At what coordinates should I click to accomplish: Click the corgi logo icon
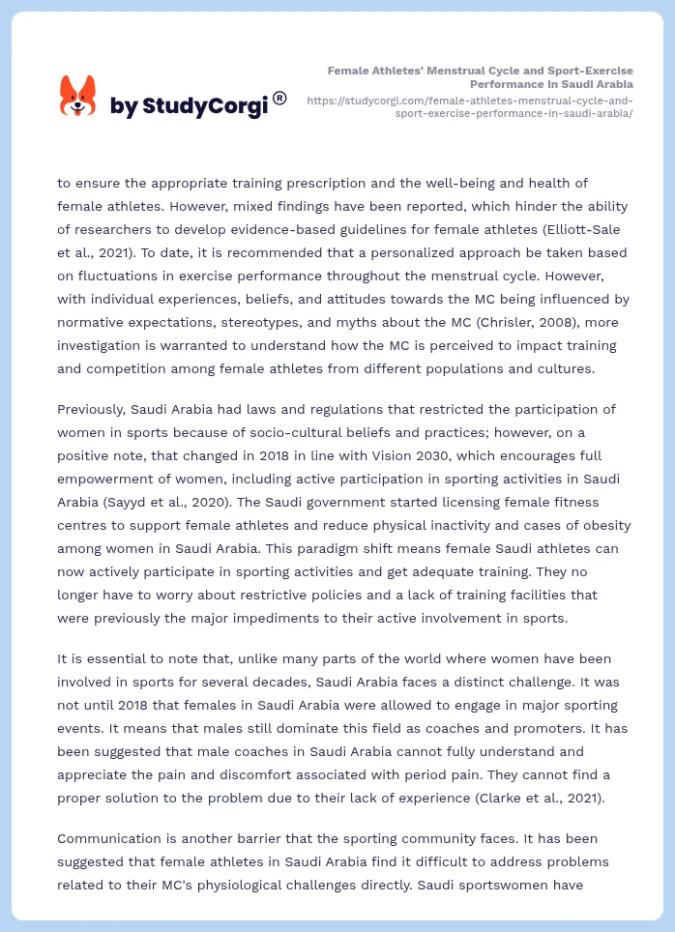(78, 96)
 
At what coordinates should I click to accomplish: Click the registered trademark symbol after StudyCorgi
(279, 98)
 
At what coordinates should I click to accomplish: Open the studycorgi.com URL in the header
(470, 106)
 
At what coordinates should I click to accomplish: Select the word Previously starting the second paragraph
(98, 410)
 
